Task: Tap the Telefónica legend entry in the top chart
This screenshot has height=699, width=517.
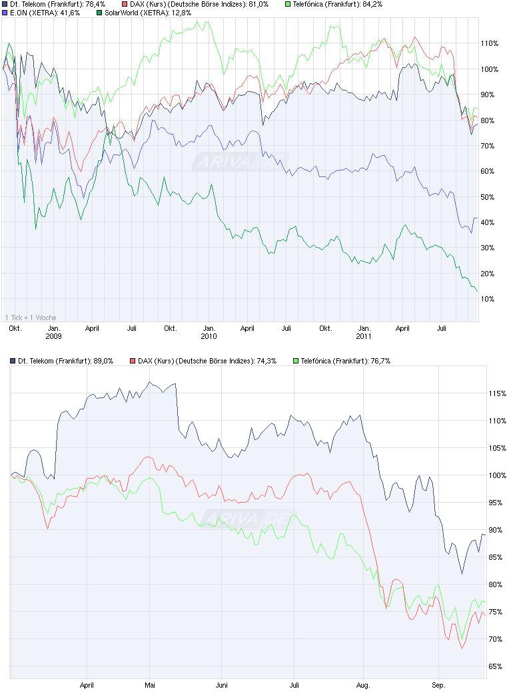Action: coord(337,4)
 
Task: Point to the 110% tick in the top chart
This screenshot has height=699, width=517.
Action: coord(490,43)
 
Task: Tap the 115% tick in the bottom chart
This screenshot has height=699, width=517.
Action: coord(497,394)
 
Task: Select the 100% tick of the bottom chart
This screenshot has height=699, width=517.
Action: coord(497,475)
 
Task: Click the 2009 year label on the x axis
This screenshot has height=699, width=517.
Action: coord(53,337)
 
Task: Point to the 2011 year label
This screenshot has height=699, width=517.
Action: coord(364,337)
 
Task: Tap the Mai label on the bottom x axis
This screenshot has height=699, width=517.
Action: coord(150,684)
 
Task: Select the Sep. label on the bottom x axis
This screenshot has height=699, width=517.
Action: coord(437,684)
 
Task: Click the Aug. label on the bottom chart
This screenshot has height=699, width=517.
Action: coord(363,684)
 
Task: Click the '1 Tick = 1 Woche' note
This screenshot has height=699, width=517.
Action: coord(31,318)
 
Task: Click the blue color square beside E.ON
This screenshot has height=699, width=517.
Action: coord(5,13)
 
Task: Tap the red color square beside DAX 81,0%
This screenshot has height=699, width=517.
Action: coord(125,4)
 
